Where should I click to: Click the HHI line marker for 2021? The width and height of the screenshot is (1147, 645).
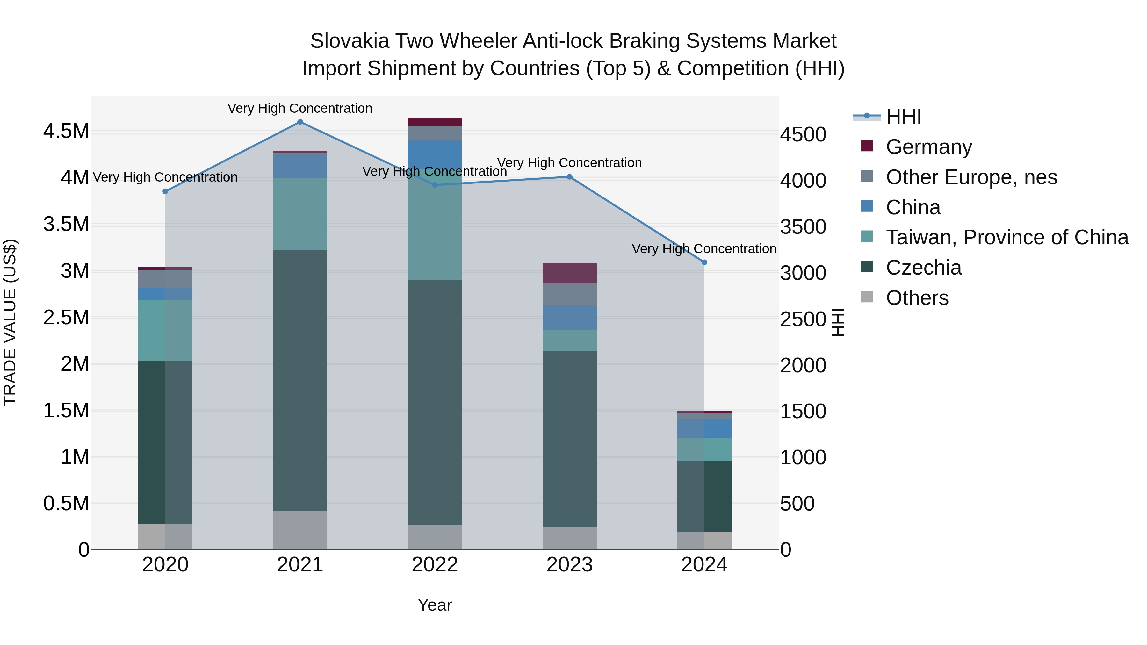300,122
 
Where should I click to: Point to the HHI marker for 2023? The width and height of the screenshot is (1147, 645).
569,177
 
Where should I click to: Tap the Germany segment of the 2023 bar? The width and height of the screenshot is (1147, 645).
569,273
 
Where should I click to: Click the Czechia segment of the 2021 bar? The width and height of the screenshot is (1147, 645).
300,381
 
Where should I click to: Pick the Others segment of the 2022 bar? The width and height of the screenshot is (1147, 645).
435,537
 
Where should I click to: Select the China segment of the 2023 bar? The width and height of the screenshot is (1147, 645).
569,318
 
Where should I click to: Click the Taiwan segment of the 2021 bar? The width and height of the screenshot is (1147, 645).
300,215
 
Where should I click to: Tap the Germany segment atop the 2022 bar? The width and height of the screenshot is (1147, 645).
435,122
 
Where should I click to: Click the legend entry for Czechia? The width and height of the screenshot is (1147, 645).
923,268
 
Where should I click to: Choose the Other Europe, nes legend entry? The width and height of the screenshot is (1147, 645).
971,177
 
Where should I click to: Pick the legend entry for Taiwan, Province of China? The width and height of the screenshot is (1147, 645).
1007,237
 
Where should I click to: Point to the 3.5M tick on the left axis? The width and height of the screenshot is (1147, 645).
66,224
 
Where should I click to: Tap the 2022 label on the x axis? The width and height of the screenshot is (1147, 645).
435,565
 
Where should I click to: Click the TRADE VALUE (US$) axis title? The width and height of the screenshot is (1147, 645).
10,322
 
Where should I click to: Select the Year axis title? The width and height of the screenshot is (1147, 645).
435,605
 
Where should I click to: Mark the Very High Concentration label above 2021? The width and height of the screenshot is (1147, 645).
300,108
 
